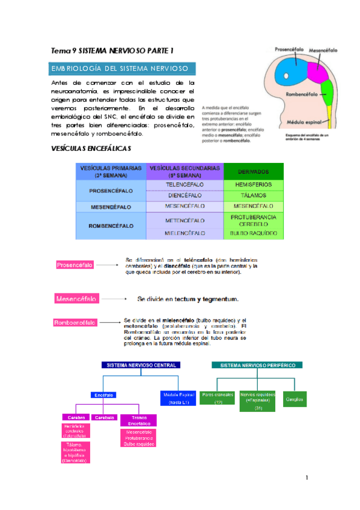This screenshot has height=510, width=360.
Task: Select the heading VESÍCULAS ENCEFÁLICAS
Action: tap(90, 148)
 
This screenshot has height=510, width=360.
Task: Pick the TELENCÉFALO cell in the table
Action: tap(185, 185)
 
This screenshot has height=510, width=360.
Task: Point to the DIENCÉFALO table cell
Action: tap(185, 195)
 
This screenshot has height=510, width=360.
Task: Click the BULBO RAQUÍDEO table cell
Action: tap(253, 233)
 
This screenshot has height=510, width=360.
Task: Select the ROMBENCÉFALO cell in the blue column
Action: tap(111, 227)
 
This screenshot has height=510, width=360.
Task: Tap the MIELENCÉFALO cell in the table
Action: tap(185, 233)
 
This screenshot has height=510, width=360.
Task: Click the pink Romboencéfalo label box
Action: tap(75, 322)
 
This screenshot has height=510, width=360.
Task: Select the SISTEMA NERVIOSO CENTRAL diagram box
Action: tap(141, 365)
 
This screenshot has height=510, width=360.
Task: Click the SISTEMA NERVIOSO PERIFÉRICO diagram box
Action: tap(258, 365)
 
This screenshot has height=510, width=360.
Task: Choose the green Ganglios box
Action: tap(295, 398)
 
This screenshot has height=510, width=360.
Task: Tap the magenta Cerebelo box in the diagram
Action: tap(105, 417)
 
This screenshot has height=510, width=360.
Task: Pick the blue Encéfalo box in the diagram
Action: tap(104, 395)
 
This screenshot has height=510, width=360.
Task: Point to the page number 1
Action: tap(307, 478)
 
